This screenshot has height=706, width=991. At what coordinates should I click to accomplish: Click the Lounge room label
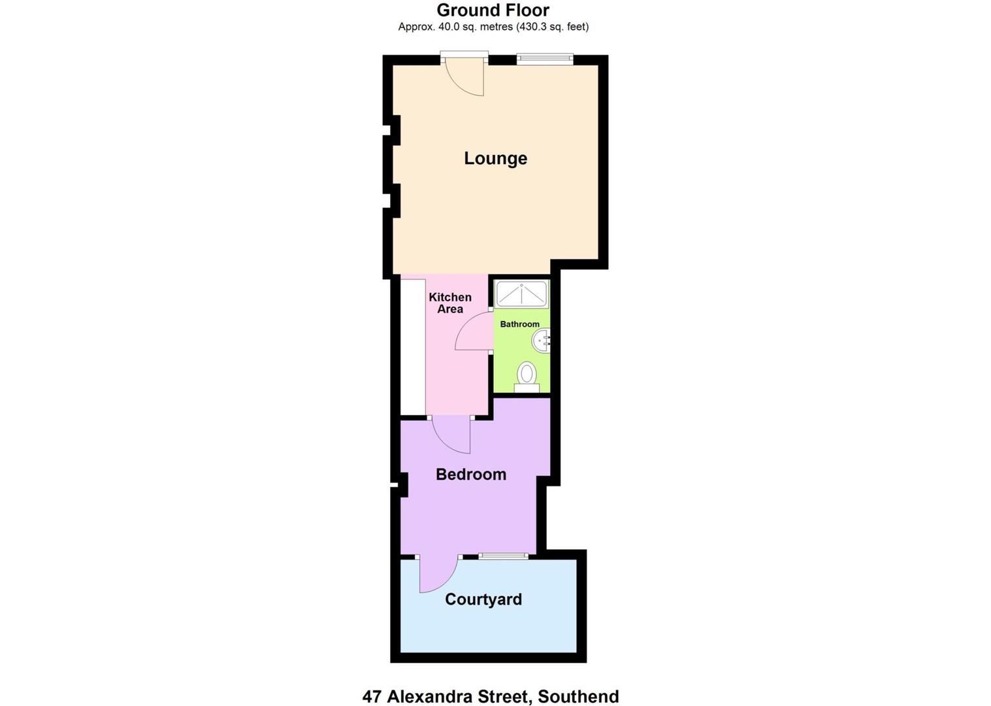495,158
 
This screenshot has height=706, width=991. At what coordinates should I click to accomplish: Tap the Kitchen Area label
450,303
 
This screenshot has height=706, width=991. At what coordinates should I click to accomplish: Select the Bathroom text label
520,324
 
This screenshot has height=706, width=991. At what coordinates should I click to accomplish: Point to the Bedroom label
471,475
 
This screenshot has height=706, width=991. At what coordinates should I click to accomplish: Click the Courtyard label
483,599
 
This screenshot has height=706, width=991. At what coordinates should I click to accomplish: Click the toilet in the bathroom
527,376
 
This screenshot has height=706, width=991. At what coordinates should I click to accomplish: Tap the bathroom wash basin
542,340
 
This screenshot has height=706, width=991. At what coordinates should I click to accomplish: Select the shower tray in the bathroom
521,294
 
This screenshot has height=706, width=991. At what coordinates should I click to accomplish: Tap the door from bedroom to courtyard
436,574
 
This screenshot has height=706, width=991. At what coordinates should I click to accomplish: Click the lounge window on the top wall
545,59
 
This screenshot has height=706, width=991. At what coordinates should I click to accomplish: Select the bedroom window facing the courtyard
503,556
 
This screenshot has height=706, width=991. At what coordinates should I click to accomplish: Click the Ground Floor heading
493,10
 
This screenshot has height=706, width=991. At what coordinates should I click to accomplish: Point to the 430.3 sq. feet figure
553,27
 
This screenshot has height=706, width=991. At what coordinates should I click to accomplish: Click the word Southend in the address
578,696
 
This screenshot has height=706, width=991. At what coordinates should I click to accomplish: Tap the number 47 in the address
372,696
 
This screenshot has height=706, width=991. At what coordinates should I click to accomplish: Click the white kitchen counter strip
413,346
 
